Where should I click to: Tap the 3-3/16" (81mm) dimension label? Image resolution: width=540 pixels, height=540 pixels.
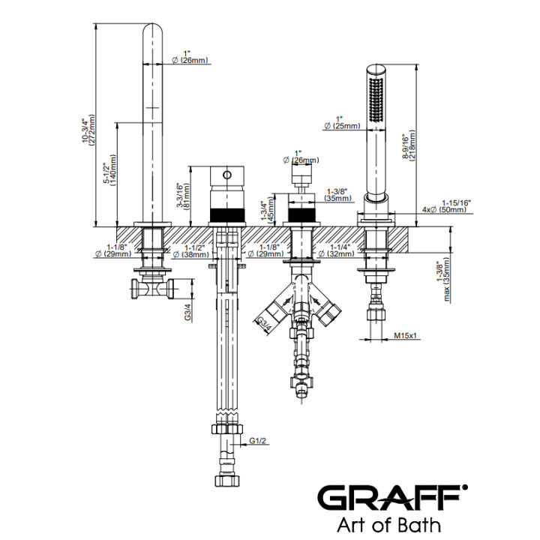pyautogui.click(x=183, y=195)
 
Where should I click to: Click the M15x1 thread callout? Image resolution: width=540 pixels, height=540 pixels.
pyautogui.click(x=405, y=334)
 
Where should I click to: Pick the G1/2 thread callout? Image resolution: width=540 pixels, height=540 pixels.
pyautogui.click(x=257, y=441)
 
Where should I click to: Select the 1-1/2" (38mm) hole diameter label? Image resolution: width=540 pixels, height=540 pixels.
pyautogui.click(x=190, y=251)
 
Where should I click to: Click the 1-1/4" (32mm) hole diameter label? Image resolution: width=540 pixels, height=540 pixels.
pyautogui.click(x=336, y=250)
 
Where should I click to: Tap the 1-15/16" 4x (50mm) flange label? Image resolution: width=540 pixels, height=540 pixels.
pyautogui.click(x=446, y=206)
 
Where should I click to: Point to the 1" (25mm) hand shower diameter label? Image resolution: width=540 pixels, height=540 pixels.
pyautogui.click(x=342, y=122)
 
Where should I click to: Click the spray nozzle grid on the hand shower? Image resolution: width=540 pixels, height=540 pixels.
pyautogui.click(x=376, y=100)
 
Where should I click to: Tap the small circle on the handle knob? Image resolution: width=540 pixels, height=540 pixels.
pyautogui.click(x=227, y=175)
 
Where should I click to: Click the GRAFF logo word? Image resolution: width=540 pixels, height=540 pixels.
pyautogui.click(x=390, y=499)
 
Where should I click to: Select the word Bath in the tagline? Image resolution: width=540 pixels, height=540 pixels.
pyautogui.click(x=422, y=526)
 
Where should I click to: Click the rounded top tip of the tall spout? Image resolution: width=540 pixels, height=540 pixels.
pyautogui.click(x=152, y=24)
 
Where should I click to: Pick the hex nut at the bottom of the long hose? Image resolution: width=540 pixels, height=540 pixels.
pyautogui.click(x=227, y=481)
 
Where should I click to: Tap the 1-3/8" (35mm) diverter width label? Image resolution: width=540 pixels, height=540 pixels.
pyautogui.click(x=337, y=194)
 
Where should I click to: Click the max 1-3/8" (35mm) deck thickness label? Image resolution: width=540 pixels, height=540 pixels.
pyautogui.click(x=443, y=280)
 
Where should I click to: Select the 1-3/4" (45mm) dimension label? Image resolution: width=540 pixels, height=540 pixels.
pyautogui.click(x=267, y=209)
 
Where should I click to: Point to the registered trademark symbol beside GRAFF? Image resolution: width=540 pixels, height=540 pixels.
pyautogui.click(x=464, y=487)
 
